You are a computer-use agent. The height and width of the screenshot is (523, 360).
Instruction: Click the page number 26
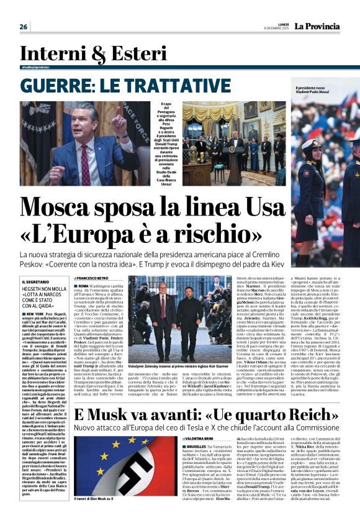pos(24,26)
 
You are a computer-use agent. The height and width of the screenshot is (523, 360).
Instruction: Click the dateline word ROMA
pos(85,286)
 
